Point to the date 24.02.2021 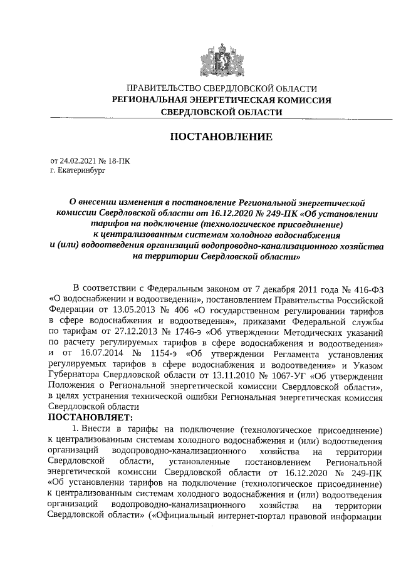(x=78, y=161)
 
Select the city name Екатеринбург (x=78, y=170)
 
